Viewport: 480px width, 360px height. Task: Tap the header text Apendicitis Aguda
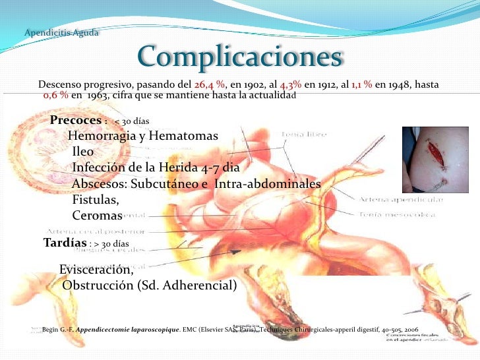[x=61, y=33]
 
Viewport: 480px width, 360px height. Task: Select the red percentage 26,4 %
[x=210, y=86]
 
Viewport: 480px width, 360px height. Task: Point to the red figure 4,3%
[x=291, y=86]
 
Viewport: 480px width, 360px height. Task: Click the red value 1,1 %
[x=361, y=86]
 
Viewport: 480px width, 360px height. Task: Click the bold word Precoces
[x=75, y=121]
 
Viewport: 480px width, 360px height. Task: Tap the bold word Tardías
[x=65, y=243]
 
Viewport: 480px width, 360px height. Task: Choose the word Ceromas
[x=97, y=216]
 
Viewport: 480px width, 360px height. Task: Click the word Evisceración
[x=96, y=270]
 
